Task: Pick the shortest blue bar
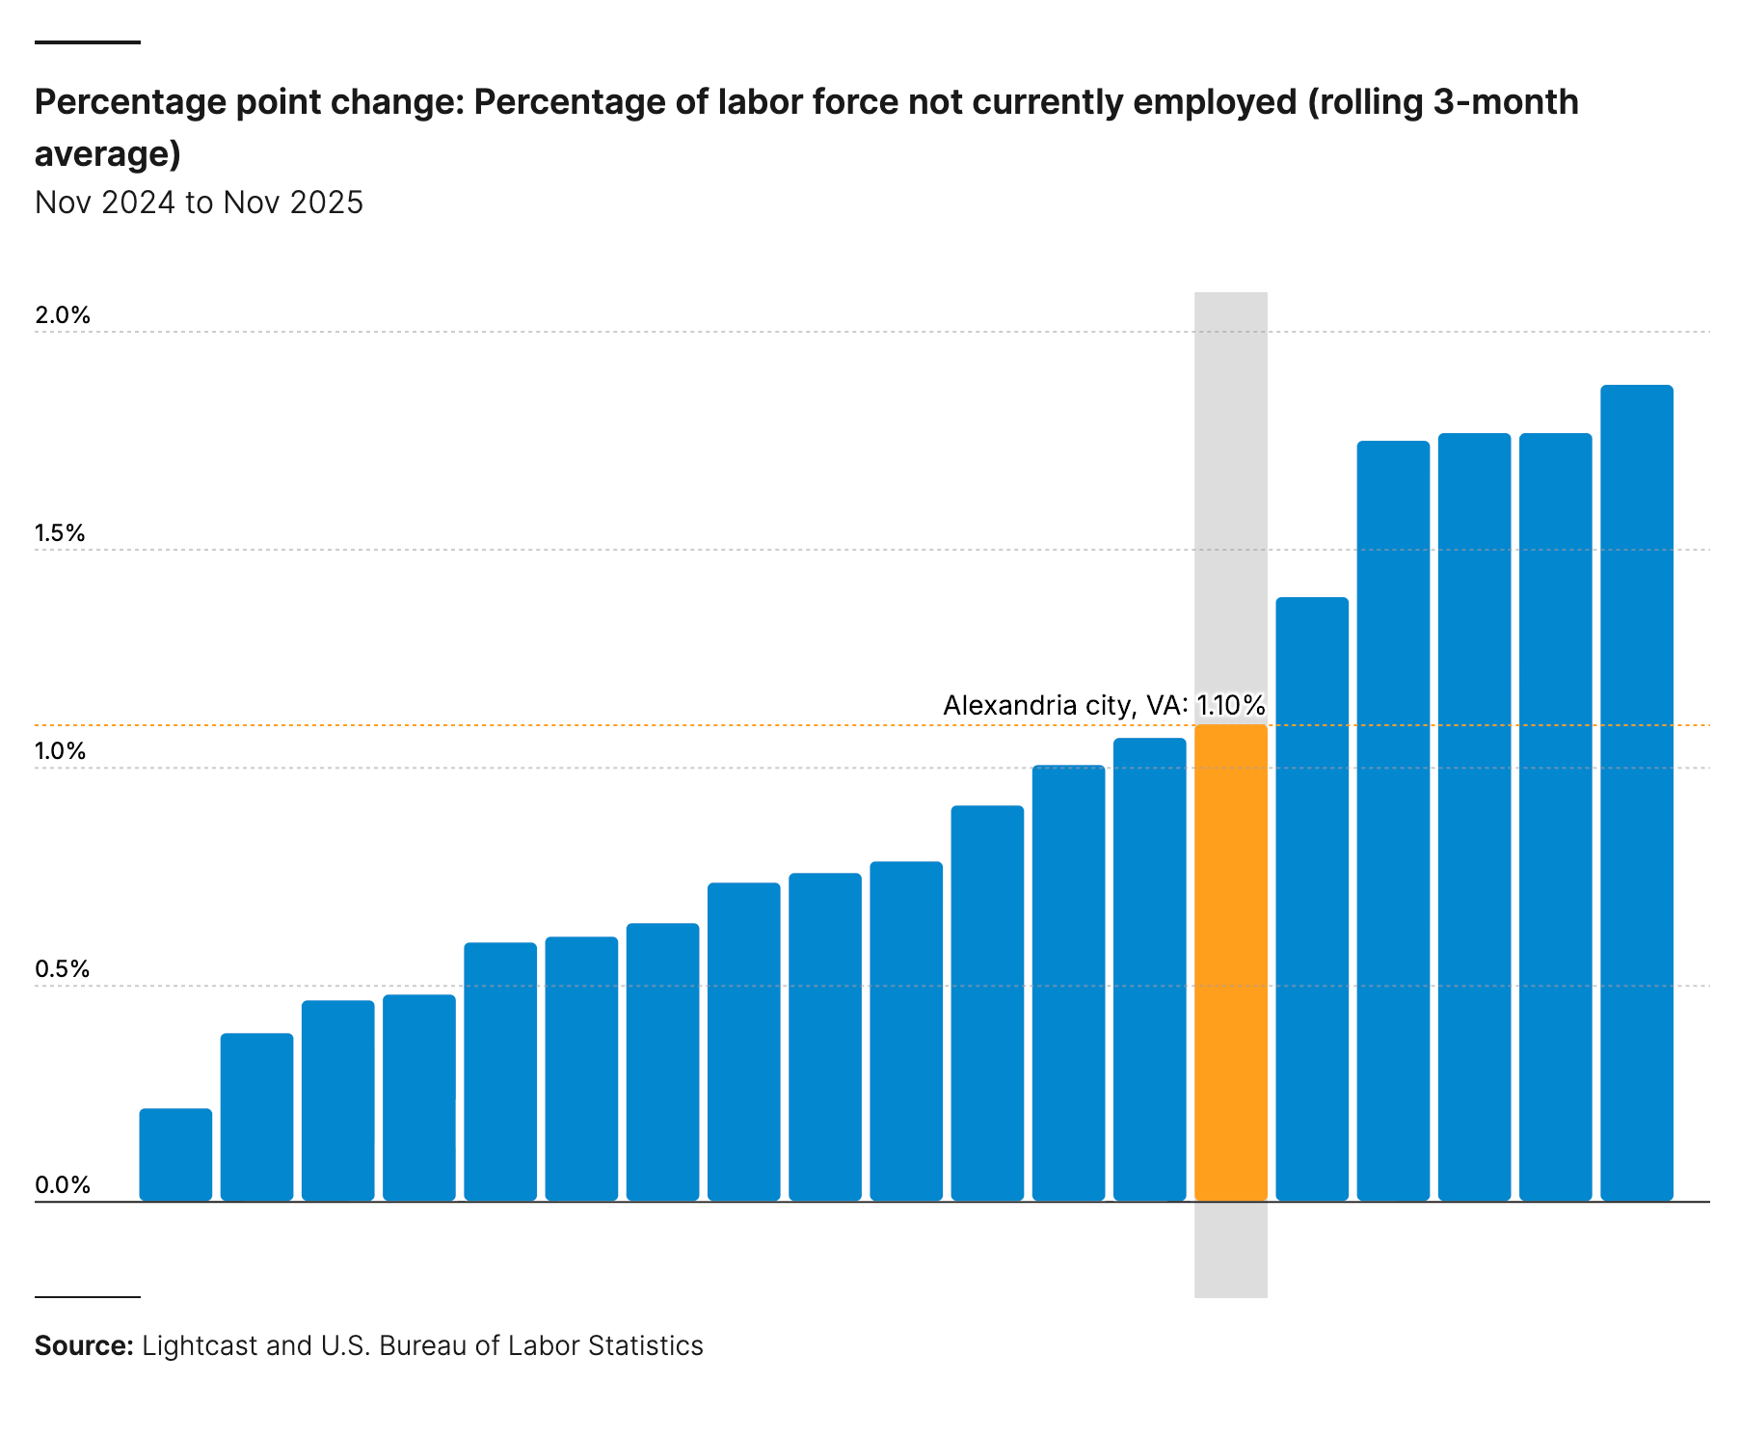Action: point(175,1154)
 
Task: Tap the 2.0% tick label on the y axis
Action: point(63,315)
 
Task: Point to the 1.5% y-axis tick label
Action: point(61,533)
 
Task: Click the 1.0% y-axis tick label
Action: point(61,751)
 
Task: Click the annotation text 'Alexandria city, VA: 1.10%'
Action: point(1103,705)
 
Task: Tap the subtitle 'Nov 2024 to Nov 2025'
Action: point(199,203)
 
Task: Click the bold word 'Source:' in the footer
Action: point(84,1345)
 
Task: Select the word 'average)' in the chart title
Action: point(108,154)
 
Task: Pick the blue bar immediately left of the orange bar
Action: point(1149,969)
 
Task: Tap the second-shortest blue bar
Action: point(256,1117)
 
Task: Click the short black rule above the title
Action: point(88,42)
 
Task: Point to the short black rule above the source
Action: point(88,1297)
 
